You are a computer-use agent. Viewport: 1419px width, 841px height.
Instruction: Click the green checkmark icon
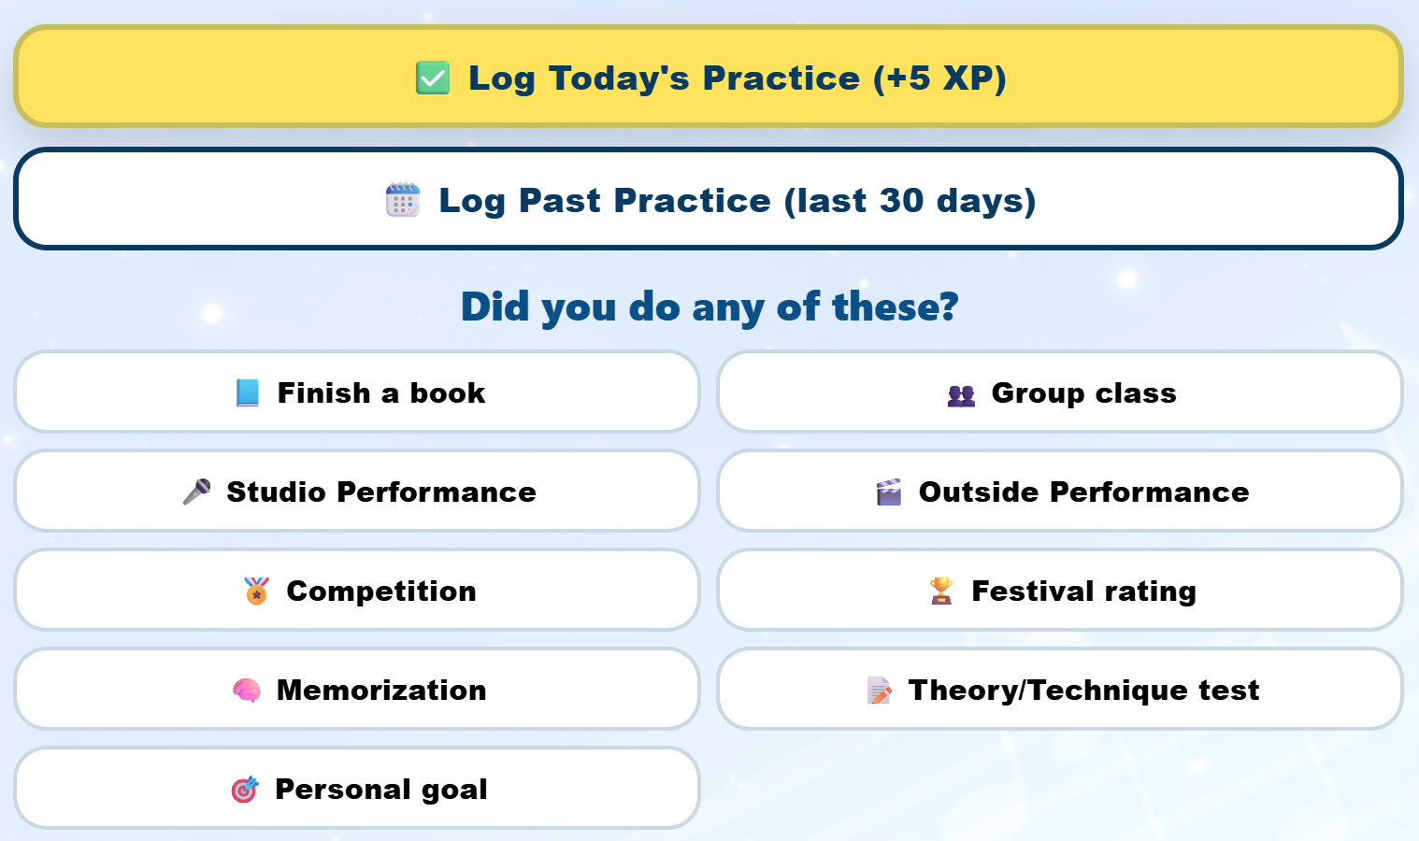pos(433,78)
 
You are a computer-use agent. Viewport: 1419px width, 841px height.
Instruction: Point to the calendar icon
pos(403,200)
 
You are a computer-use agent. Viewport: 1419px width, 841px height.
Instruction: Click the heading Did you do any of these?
pos(709,306)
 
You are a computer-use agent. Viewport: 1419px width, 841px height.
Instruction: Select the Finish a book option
pos(357,392)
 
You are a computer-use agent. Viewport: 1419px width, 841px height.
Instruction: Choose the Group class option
pos(1060,392)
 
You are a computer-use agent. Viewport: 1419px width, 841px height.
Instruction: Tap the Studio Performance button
pos(357,492)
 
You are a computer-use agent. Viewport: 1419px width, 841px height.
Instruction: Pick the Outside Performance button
pos(1060,492)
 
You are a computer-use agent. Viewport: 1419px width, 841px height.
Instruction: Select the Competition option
pos(357,591)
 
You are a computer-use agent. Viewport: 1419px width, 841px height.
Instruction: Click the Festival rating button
pos(1060,591)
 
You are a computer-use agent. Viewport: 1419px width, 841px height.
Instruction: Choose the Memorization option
pos(357,690)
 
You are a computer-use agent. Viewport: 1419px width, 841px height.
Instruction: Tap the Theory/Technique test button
pos(1060,690)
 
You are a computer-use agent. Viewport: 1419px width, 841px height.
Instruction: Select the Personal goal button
pos(357,789)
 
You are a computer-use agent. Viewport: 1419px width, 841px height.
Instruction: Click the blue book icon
pos(248,392)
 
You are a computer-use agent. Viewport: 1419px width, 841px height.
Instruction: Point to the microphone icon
pos(196,492)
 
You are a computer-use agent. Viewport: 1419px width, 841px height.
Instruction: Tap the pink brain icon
pos(247,691)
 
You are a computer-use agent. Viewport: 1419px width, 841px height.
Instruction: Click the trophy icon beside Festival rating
pos(941,591)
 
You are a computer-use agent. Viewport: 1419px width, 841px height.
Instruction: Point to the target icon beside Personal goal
pos(245,790)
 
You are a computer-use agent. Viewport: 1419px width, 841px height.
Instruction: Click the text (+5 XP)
pos(939,78)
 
